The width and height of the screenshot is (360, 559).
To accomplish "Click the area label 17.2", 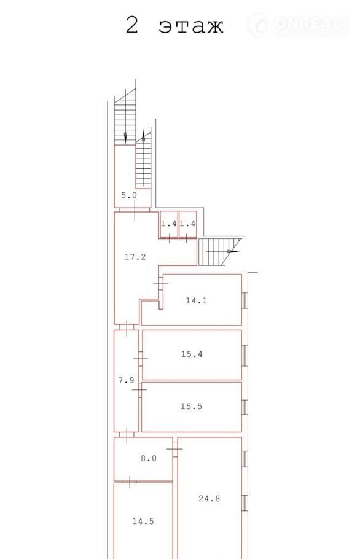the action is [x=135, y=257].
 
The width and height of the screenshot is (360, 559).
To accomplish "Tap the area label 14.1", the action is [x=196, y=300].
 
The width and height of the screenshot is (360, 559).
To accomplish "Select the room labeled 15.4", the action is [x=192, y=354].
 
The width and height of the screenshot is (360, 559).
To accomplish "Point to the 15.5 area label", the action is [x=191, y=406].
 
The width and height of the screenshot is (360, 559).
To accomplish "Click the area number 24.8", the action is [x=209, y=498].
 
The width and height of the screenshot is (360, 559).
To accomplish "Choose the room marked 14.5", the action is [x=143, y=521].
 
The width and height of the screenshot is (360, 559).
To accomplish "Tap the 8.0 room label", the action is [x=149, y=458].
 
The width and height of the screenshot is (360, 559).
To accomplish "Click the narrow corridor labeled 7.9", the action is [x=126, y=380].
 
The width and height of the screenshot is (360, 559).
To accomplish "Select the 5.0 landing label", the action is [x=128, y=195].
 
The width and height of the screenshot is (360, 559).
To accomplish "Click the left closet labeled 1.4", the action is [x=169, y=224].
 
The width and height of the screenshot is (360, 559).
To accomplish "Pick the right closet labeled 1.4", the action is [x=187, y=224].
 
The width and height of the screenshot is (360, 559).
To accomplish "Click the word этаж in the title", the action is [x=191, y=26].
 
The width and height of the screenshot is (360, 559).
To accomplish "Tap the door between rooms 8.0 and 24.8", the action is [x=174, y=448].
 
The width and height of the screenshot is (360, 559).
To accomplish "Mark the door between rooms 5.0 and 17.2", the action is [x=135, y=210].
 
